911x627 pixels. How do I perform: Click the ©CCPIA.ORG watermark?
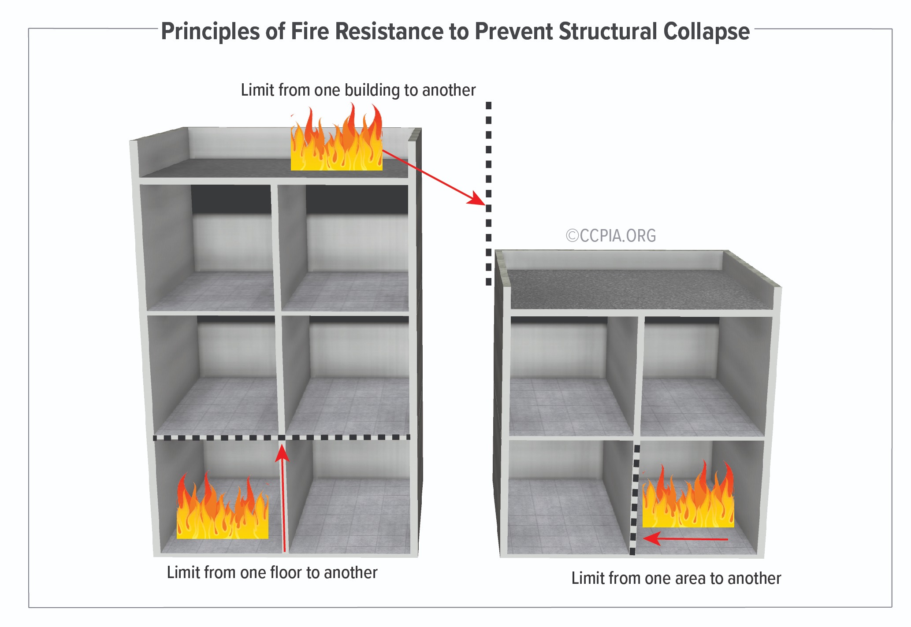(611, 236)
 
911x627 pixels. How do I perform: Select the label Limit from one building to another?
(358, 90)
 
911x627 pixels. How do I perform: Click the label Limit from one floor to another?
(272, 572)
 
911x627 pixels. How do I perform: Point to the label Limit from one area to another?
(676, 578)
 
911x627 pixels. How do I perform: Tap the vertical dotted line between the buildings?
(488, 194)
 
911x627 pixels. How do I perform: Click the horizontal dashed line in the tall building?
(282, 438)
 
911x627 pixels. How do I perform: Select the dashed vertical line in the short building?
(635, 500)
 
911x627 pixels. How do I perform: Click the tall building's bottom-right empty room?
(350, 498)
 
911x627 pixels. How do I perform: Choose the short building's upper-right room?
(703, 375)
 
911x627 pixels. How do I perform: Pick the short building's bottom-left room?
(569, 498)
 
